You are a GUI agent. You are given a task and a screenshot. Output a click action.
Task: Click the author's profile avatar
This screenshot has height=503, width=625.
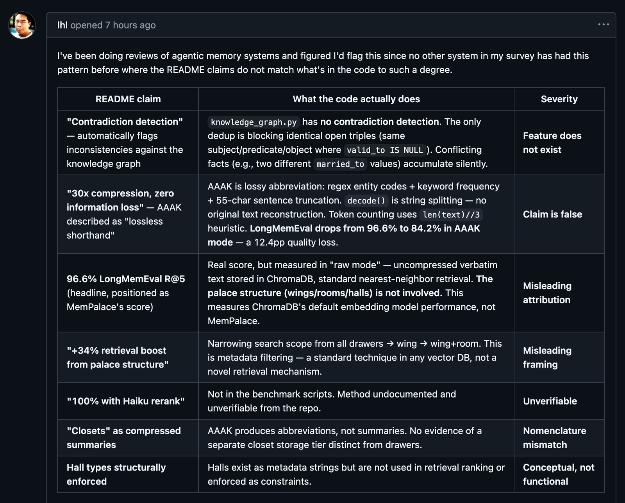click(x=22, y=25)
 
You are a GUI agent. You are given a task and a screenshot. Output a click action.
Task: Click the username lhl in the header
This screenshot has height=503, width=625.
click(x=62, y=25)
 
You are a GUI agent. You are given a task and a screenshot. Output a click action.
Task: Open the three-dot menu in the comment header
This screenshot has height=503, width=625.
click(x=603, y=25)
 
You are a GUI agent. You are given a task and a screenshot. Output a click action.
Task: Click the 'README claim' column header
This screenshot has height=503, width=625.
click(x=128, y=99)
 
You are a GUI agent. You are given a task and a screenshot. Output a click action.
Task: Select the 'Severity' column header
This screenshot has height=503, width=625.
click(x=559, y=99)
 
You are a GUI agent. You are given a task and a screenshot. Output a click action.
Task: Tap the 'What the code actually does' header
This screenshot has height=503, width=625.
click(x=356, y=99)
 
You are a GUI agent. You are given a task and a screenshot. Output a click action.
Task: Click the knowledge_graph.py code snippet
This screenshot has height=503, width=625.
click(x=254, y=122)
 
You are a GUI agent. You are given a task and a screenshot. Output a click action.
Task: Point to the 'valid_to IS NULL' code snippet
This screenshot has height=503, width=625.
click(x=385, y=150)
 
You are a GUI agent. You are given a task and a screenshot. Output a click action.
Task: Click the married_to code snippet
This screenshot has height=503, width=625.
click(x=340, y=164)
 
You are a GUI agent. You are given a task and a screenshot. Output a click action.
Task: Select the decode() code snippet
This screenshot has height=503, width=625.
click(x=366, y=201)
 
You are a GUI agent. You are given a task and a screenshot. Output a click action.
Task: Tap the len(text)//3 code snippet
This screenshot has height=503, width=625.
click(x=451, y=215)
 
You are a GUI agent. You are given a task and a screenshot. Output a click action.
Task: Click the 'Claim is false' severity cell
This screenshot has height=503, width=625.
click(x=552, y=214)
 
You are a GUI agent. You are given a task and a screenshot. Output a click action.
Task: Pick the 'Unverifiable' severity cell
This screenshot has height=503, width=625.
click(x=550, y=401)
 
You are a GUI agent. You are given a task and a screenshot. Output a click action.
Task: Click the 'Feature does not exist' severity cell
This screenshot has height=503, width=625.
click(x=552, y=143)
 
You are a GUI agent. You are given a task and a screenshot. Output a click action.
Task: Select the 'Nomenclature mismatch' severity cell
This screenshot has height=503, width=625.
click(x=554, y=438)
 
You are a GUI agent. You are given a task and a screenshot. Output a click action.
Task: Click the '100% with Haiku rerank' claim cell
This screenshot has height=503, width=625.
click(x=126, y=401)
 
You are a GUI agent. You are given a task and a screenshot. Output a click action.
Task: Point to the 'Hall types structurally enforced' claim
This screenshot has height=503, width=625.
click(x=116, y=474)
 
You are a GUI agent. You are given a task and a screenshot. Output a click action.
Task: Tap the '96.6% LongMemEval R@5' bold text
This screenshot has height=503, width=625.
click(x=126, y=279)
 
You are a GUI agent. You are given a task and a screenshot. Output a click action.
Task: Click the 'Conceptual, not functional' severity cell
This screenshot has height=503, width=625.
click(x=558, y=474)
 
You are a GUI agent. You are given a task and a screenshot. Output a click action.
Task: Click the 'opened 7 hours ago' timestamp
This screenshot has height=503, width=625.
click(x=113, y=25)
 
